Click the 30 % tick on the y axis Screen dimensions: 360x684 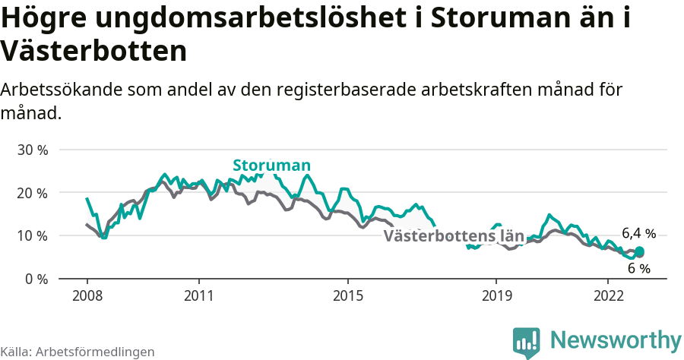point(32,150)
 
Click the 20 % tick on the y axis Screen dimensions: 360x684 point(32,193)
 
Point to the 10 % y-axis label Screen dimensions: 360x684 point(32,235)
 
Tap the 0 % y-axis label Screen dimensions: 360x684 point(36,279)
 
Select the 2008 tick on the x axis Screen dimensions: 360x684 point(87,295)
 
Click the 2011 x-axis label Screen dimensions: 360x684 point(198,295)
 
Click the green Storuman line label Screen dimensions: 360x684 point(271,166)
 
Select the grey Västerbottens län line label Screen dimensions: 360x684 point(454,236)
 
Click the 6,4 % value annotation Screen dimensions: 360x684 point(638,233)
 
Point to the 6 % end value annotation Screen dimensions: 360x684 point(639,268)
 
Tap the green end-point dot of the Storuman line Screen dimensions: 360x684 point(639,251)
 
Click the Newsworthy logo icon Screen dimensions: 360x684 point(527,343)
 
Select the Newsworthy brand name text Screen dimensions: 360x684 point(616,339)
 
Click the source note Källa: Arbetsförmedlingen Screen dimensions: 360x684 point(78,352)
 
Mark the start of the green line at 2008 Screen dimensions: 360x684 point(87,198)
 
